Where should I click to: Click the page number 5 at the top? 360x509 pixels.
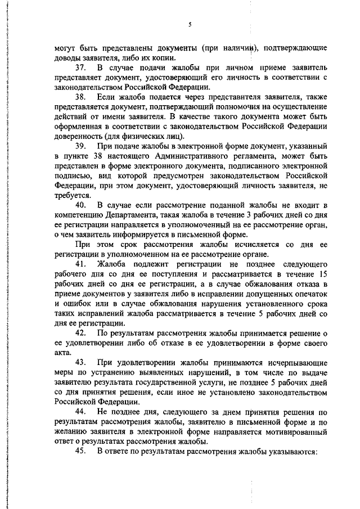(190, 24)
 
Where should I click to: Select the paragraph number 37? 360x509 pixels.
(83, 67)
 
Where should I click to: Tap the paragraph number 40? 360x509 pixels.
(83, 204)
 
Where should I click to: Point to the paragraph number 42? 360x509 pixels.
(83, 334)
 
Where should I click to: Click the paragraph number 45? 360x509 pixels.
(83, 451)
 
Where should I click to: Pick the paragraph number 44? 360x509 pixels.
(83, 412)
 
